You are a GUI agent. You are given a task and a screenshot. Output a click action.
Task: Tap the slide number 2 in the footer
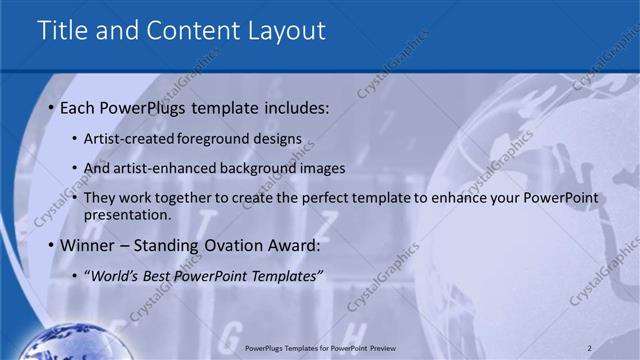[590, 347]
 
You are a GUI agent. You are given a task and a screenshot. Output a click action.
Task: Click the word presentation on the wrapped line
[127, 214]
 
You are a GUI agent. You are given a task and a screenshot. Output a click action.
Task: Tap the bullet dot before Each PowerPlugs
[50, 108]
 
